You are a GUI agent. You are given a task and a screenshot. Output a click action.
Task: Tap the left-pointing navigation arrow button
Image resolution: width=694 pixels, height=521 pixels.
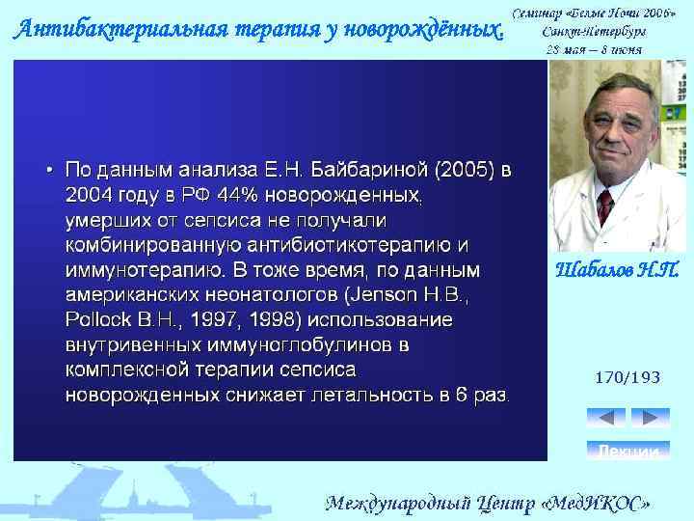pyautogui.click(x=606, y=418)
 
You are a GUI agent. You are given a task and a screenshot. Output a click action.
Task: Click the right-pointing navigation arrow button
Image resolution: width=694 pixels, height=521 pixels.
pyautogui.click(x=650, y=418)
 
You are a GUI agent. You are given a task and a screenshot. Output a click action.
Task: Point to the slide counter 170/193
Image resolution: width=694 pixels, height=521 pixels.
pyautogui.click(x=628, y=378)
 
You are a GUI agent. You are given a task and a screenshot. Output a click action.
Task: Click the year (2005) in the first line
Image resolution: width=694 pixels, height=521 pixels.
pyautogui.click(x=465, y=171)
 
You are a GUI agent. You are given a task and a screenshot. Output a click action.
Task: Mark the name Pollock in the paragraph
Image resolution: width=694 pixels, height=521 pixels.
pyautogui.click(x=99, y=319)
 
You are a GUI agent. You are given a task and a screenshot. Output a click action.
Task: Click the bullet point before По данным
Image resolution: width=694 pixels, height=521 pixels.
pyautogui.click(x=49, y=171)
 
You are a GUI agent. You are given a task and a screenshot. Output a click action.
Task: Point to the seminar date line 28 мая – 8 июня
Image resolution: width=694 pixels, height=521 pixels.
pyautogui.click(x=594, y=49)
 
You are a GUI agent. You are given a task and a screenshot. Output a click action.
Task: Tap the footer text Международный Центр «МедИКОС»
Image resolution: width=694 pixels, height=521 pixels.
pyautogui.click(x=492, y=503)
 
